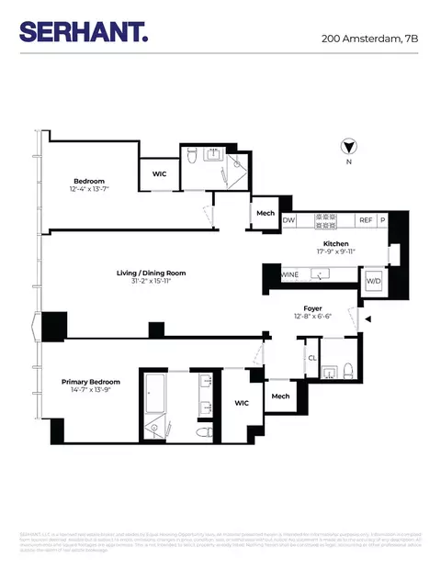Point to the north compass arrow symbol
pos(349,145)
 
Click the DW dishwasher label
pos(288,220)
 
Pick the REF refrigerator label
pos(365,220)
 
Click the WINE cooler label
pos(289,274)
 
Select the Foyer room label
pos(312,309)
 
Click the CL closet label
pos(312,358)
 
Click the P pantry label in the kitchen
pos(383,220)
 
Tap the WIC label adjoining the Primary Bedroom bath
pos(243,402)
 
